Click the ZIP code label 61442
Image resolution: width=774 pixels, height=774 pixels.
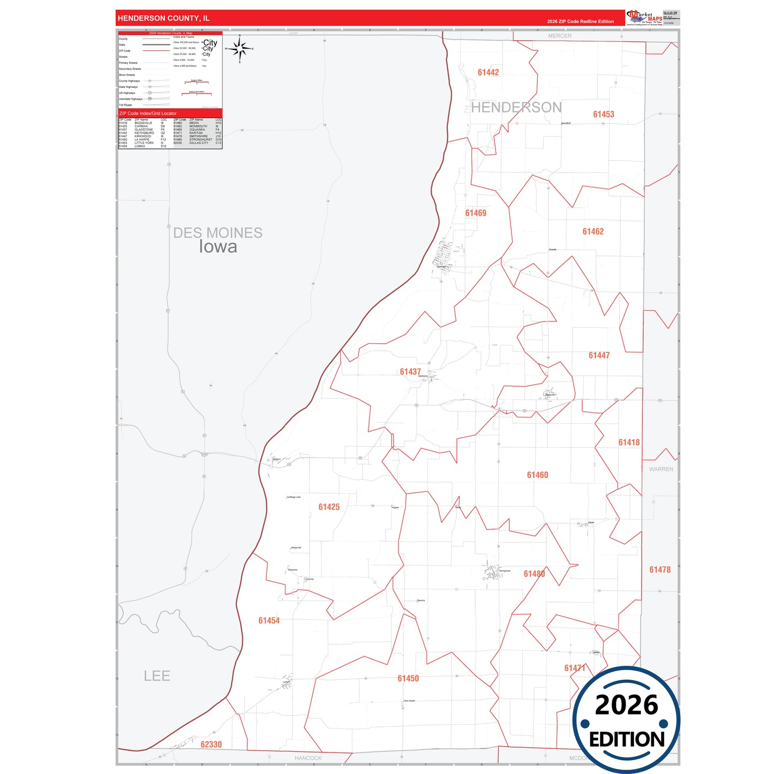[488, 72]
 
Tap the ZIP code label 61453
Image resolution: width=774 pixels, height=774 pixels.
[603, 114]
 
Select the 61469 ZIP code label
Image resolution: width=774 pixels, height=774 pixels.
[476, 213]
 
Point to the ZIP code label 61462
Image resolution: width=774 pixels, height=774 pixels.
[593, 231]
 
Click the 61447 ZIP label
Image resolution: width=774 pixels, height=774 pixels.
[599, 355]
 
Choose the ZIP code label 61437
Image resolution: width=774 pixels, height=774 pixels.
[410, 372]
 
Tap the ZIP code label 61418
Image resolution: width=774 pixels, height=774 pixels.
[629, 442]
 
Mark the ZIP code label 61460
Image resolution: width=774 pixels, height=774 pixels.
[537, 475]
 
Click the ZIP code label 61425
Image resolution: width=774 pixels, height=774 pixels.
[329, 507]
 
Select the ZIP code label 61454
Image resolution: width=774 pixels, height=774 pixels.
[269, 620]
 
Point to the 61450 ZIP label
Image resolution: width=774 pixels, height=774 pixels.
[408, 679]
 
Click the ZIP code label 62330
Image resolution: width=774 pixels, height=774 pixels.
[211, 745]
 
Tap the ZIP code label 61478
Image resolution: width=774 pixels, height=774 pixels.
[660, 570]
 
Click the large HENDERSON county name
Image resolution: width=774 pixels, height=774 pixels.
[516, 108]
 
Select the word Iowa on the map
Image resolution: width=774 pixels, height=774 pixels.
[218, 247]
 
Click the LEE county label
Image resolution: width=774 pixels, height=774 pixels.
[157, 676]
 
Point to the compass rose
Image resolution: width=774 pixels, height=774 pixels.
[239, 49]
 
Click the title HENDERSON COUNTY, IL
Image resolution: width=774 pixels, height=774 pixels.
[164, 18]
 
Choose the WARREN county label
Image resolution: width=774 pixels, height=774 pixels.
[661, 469]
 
